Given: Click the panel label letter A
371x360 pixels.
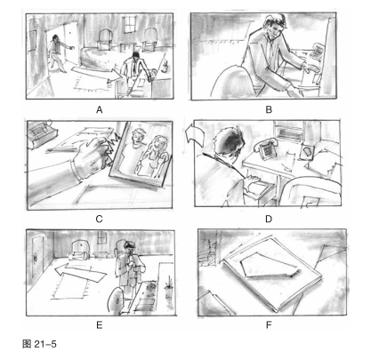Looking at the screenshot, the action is click(x=100, y=110).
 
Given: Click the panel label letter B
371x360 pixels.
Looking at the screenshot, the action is click(x=269, y=110).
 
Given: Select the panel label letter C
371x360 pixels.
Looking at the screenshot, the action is click(x=100, y=219).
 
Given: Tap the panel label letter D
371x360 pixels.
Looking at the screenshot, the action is click(x=269, y=219).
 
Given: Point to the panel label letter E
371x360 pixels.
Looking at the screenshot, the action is click(x=100, y=325).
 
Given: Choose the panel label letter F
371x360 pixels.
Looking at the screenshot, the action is click(x=269, y=325).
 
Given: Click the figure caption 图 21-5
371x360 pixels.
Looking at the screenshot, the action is click(x=39, y=344).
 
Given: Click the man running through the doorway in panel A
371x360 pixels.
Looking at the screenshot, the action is click(x=60, y=53).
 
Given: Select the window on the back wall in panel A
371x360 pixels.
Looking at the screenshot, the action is click(x=129, y=24).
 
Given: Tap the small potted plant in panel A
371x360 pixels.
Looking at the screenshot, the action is click(x=165, y=67).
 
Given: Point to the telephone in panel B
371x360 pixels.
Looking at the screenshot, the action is click(x=316, y=51).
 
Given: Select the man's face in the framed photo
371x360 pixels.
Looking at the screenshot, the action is click(x=137, y=136).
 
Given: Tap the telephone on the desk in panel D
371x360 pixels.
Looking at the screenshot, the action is click(x=266, y=148).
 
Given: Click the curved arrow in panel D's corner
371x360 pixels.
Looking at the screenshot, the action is click(x=194, y=135).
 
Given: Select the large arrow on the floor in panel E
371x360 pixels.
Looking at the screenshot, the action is click(x=80, y=273).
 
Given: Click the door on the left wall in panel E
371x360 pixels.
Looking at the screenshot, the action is click(x=37, y=258).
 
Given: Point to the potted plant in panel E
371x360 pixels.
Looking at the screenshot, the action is click(x=169, y=287).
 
